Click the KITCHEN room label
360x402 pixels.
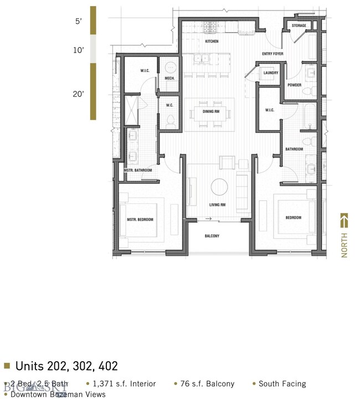(x=212, y=42)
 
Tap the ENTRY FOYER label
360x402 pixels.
(x=272, y=54)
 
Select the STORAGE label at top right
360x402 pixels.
(x=299, y=25)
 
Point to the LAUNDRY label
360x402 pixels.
(x=271, y=73)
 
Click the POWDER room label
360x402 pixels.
(x=294, y=85)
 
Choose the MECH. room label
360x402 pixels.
(x=170, y=78)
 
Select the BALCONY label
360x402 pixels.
(x=212, y=236)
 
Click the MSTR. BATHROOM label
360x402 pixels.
(x=138, y=171)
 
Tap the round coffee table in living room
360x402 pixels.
(x=219, y=187)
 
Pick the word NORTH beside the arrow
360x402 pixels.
(x=344, y=245)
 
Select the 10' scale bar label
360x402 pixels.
(x=78, y=50)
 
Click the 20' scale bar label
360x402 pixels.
(x=78, y=94)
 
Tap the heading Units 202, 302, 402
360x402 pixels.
(x=66, y=366)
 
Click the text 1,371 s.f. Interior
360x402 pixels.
(x=124, y=384)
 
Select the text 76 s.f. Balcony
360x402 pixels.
(x=207, y=384)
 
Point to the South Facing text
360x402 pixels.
(x=282, y=384)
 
